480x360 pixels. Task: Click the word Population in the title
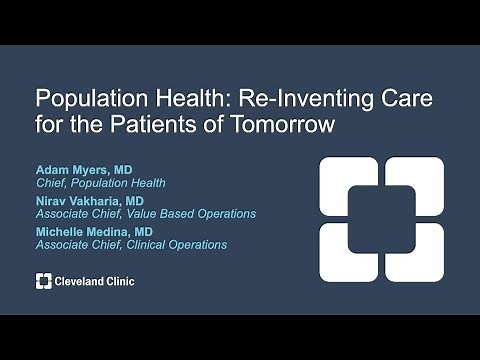click(82, 102)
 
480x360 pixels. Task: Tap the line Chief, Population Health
click(101, 183)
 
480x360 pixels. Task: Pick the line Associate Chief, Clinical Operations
click(131, 245)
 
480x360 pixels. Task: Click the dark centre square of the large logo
click(381, 218)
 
